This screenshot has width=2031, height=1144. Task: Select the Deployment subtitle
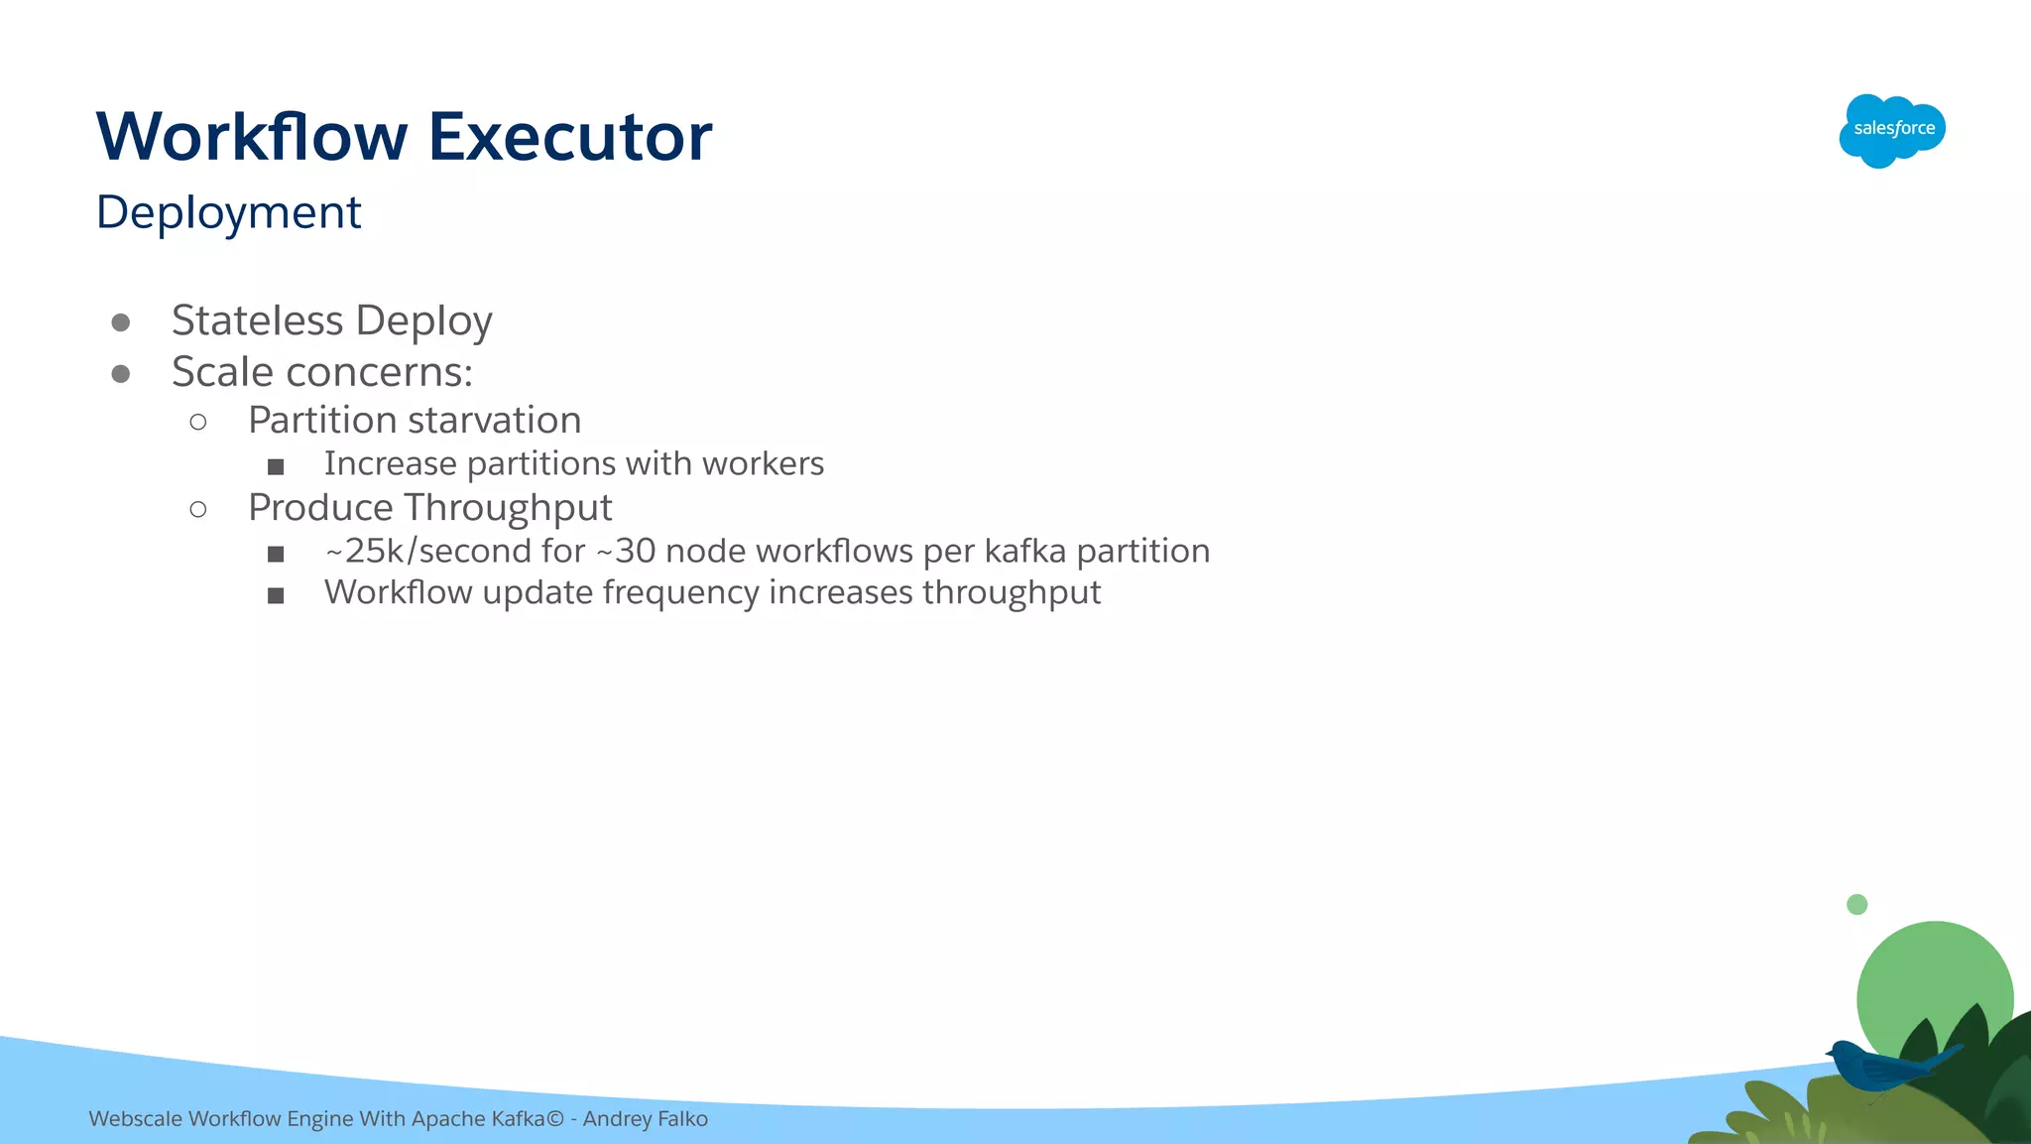point(229,212)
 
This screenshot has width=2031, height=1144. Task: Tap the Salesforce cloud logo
point(1892,130)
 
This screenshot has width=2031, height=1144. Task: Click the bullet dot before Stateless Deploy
point(121,322)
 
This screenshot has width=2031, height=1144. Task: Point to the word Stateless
point(257,320)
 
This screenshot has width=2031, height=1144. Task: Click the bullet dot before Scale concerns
point(121,374)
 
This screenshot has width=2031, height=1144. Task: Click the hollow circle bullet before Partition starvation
point(198,423)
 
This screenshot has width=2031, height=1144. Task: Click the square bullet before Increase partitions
point(276,466)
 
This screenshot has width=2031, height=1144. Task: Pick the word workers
point(763,463)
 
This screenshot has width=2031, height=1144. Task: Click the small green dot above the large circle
point(1857,904)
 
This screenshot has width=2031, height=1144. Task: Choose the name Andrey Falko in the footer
point(646,1119)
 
